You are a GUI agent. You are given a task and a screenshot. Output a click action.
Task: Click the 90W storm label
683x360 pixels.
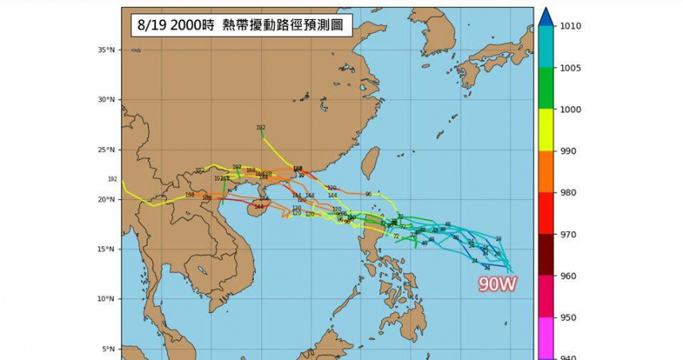(x=498, y=284)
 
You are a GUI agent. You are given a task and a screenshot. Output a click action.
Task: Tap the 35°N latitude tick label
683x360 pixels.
(x=107, y=49)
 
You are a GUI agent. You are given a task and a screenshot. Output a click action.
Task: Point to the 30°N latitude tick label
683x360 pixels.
(x=107, y=100)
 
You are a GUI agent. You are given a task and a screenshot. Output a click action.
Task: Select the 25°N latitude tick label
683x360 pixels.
(x=107, y=150)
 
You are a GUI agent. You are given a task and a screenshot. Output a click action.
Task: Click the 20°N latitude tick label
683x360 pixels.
(x=107, y=200)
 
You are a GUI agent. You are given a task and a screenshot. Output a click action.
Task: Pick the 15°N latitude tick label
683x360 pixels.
(x=107, y=249)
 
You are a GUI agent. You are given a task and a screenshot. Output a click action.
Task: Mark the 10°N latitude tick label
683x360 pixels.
(x=107, y=299)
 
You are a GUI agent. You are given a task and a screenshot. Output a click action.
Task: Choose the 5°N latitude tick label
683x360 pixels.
(x=108, y=349)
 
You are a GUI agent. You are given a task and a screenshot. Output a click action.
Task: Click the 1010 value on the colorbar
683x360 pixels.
(x=570, y=26)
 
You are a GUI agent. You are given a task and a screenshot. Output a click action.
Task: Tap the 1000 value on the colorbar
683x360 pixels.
(x=570, y=110)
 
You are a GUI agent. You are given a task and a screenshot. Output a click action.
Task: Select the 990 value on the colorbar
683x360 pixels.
(x=568, y=151)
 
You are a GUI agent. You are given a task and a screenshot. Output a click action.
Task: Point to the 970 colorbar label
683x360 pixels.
(x=568, y=235)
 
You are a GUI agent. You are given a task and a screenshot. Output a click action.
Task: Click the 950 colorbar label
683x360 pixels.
(x=568, y=318)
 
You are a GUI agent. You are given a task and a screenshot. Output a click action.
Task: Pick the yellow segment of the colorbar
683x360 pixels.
(x=545, y=130)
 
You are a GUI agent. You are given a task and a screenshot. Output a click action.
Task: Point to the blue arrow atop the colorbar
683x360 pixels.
(x=545, y=17)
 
